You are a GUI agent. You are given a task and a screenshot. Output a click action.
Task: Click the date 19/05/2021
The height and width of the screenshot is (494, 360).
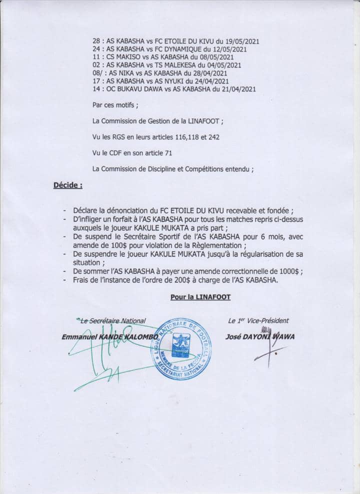click(x=240, y=41)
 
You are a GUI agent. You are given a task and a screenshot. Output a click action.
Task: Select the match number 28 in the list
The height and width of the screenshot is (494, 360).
click(x=97, y=41)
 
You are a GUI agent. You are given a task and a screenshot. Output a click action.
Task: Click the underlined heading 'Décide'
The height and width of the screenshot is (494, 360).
click(x=68, y=185)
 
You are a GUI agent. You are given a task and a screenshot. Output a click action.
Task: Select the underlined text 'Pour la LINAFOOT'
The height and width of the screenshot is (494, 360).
click(x=200, y=296)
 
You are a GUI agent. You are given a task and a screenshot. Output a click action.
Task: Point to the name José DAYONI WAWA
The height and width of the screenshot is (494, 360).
click(x=259, y=337)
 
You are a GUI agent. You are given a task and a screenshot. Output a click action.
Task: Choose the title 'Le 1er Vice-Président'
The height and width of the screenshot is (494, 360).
click(x=258, y=321)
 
